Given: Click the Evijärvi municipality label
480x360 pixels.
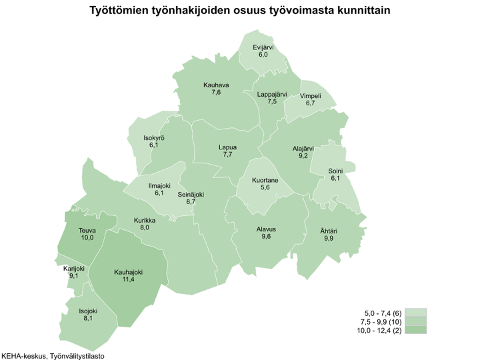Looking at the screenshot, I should click(264, 47).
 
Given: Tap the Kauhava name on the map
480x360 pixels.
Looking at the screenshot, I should click(216, 85).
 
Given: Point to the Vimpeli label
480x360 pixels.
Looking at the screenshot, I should click(311, 96).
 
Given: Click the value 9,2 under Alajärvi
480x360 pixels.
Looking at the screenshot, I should click(303, 155).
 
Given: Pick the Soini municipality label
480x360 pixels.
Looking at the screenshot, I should click(335, 171).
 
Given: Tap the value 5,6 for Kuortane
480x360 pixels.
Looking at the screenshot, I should click(265, 188).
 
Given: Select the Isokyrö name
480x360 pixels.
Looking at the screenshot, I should click(154, 137).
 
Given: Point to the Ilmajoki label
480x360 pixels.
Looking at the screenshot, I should click(159, 185).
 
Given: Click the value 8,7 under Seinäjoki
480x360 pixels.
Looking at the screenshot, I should click(191, 201).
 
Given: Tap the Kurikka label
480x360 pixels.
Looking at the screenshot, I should click(145, 220).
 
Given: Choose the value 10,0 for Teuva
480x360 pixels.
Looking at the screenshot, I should click(87, 238).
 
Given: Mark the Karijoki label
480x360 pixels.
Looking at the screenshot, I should click(73, 268).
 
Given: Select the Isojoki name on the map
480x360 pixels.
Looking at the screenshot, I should click(88, 311).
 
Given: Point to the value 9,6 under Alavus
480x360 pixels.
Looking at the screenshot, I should click(266, 237).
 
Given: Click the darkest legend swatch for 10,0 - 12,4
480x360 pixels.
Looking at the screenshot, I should click(415, 329).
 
